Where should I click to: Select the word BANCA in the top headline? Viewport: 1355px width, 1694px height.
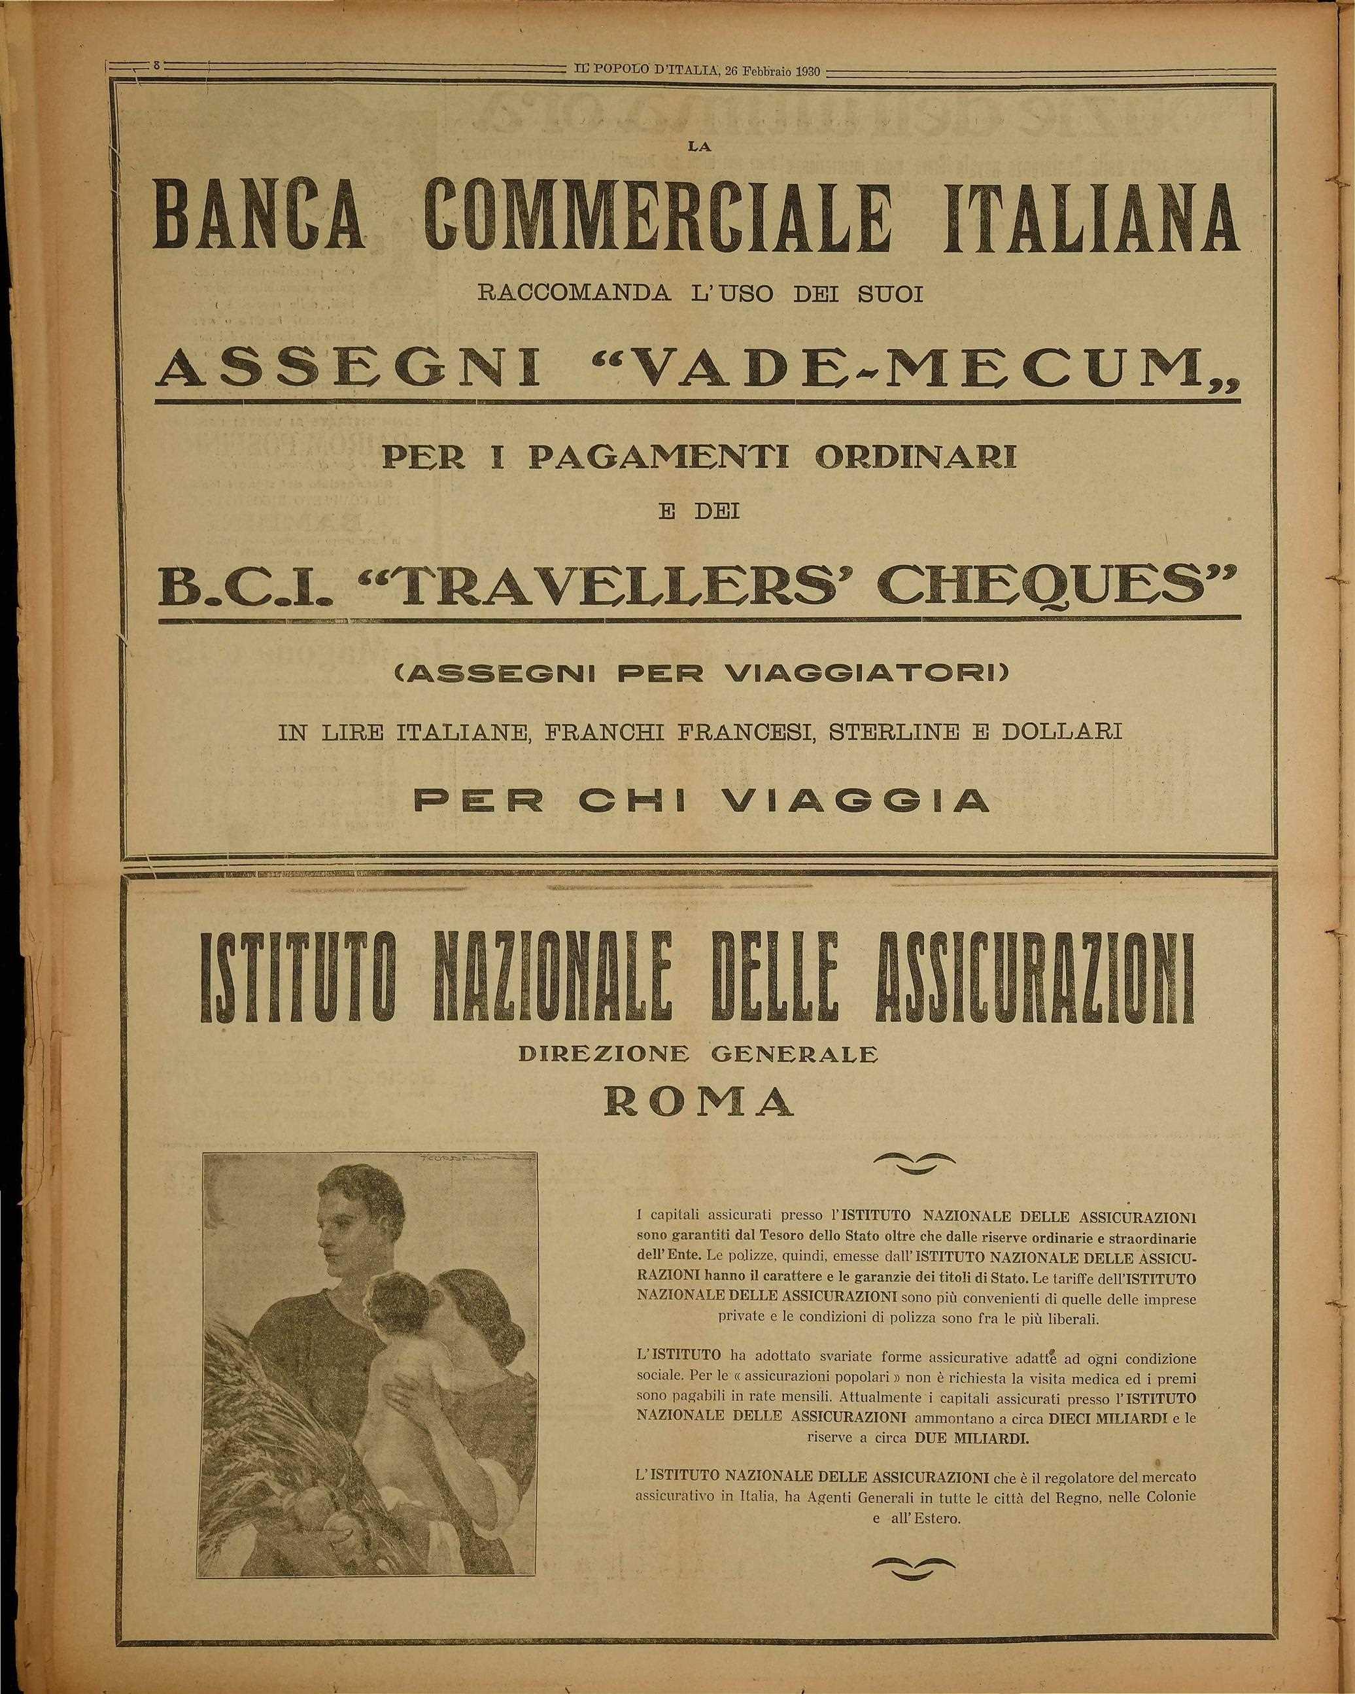tap(259, 219)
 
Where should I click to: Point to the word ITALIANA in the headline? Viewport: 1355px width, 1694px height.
tap(1092, 219)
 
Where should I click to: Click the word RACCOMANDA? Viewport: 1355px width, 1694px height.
tap(574, 296)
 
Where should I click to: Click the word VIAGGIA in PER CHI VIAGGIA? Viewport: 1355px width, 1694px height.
tap(853, 801)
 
